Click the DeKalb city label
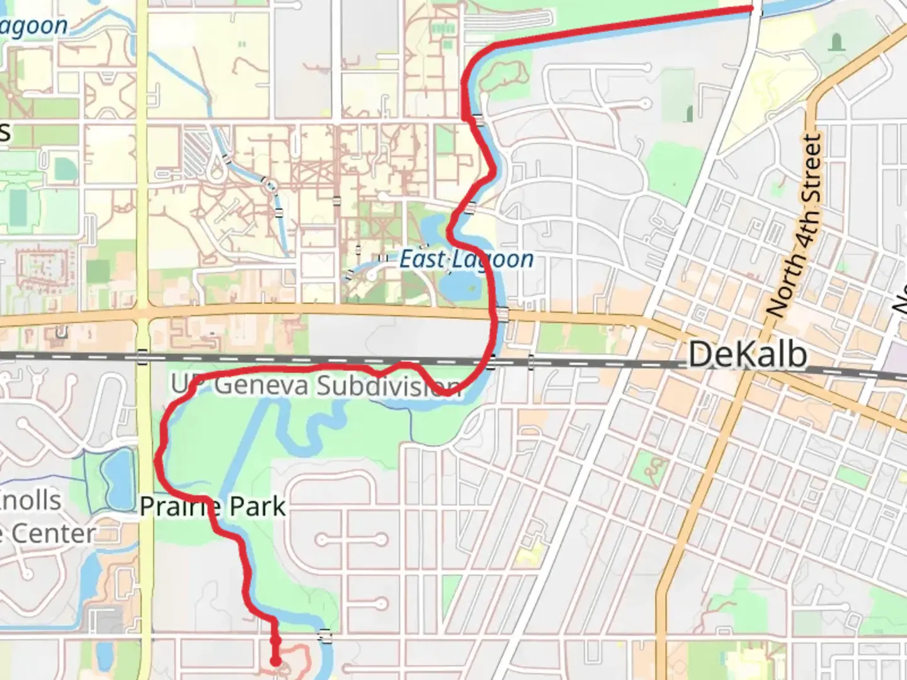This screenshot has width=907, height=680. pyautogui.click(x=748, y=354)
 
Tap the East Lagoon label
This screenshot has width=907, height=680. pyautogui.click(x=467, y=259)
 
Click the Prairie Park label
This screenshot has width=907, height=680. pyautogui.click(x=212, y=507)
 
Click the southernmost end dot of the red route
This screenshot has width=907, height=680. pyautogui.click(x=276, y=661)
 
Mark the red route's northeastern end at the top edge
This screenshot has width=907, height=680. pyautogui.click(x=751, y=8)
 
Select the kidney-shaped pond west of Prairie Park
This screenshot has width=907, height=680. pyautogui.click(x=116, y=479)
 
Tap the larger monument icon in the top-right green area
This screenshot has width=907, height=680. pyautogui.click(x=836, y=43)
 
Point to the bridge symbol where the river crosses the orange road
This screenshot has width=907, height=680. pyautogui.click(x=503, y=314)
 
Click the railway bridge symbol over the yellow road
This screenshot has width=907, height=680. pyautogui.click(x=142, y=357)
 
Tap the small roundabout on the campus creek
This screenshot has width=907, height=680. pyautogui.click(x=270, y=186)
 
